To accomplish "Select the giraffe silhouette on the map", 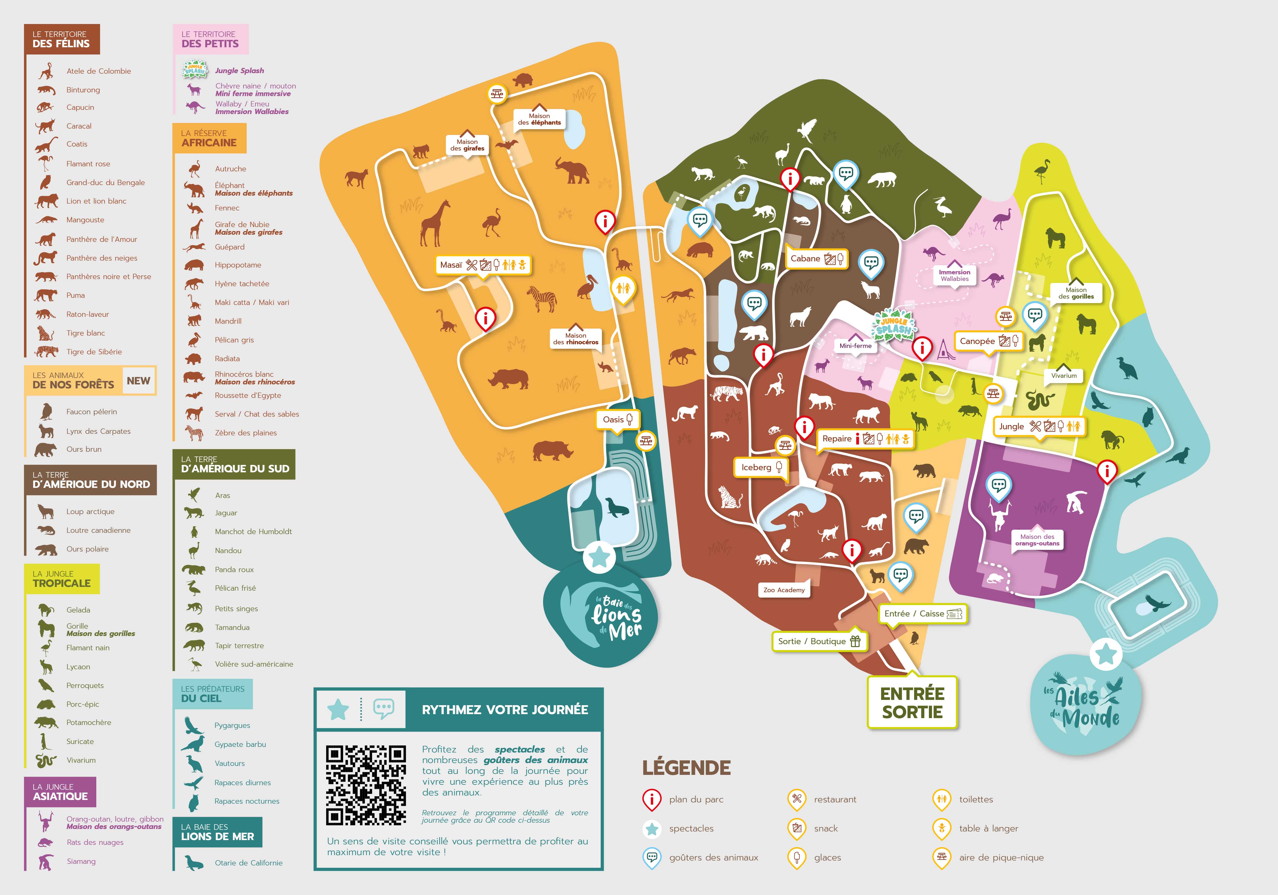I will point(435,223).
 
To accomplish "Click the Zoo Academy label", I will point(784,590).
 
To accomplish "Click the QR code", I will point(366,785).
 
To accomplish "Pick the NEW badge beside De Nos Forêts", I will point(138,381).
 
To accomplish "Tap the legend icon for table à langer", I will point(941,828).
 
